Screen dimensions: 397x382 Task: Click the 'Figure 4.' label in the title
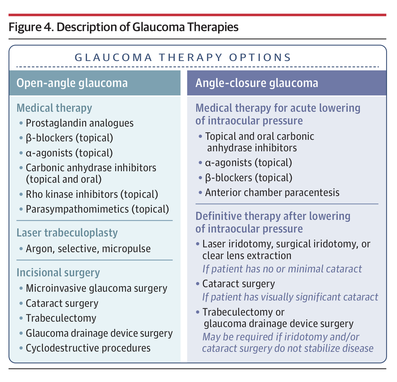(31, 27)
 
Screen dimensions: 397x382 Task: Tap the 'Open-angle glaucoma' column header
(72, 83)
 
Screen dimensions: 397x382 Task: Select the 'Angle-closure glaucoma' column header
(257, 83)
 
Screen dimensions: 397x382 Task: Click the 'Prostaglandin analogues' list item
(80, 123)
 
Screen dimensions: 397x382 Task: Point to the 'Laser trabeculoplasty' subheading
(67, 233)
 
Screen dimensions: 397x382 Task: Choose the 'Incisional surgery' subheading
(58, 273)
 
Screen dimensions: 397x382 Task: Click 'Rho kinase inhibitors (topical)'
(92, 194)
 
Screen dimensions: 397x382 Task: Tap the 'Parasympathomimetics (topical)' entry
(97, 209)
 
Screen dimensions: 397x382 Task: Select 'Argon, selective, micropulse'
(88, 249)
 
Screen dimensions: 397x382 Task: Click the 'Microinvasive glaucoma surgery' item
(96, 288)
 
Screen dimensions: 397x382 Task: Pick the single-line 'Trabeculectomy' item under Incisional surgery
(61, 318)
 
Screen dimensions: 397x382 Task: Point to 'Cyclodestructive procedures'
(88, 348)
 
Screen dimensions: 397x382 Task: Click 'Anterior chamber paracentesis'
(272, 193)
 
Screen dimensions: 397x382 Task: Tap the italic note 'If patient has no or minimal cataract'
(282, 269)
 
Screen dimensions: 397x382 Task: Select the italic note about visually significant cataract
(290, 297)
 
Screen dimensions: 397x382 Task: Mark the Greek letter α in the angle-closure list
(208, 163)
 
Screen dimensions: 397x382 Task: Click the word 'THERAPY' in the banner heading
(190, 57)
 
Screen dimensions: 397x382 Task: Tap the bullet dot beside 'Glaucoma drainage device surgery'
(21, 333)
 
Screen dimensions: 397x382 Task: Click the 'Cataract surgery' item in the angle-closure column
(239, 284)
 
